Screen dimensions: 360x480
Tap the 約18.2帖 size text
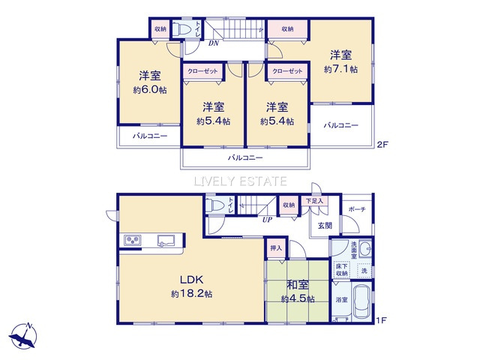pos(191,294)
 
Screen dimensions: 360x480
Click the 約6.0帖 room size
pos(148,89)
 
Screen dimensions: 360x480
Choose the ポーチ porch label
pos(356,209)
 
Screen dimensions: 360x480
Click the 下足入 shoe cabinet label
pos(313,201)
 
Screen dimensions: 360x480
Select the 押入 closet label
pos(275,247)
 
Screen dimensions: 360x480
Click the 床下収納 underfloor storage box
pos(342,269)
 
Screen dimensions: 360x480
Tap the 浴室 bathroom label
pos(341,300)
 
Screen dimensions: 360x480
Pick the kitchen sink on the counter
pos(166,240)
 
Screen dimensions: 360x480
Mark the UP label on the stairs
pos(266,220)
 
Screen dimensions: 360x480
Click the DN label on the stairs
pos(214,43)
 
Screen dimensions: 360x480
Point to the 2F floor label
pos(382,145)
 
